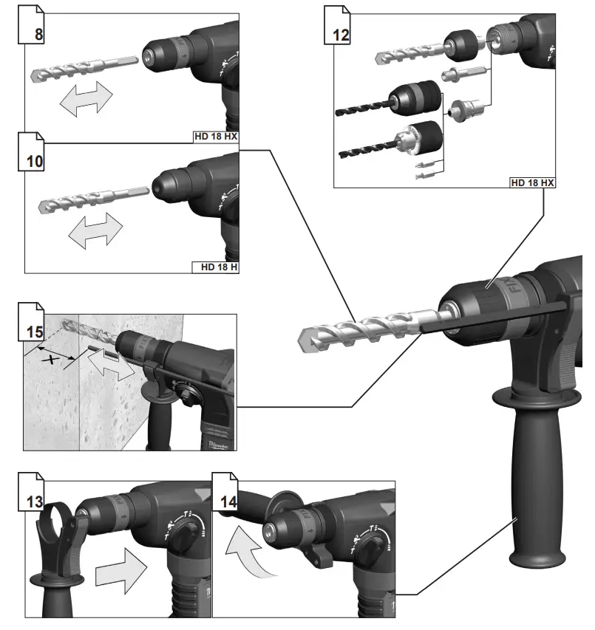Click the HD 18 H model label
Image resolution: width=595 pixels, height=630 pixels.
pos(215,267)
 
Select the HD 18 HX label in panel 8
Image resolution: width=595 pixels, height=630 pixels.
pos(215,137)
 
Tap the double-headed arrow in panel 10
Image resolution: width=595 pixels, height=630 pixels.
pos(94,230)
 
